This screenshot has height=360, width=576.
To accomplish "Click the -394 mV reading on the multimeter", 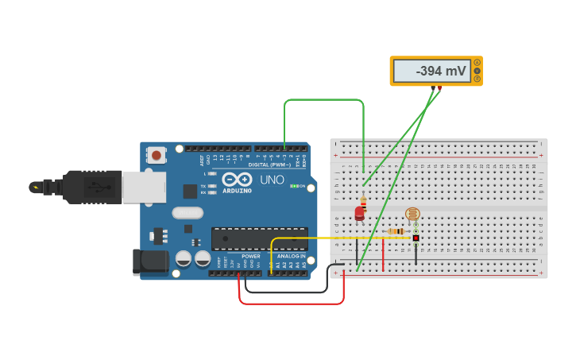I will coord(441,72).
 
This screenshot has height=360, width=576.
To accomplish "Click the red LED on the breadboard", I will coord(359,212).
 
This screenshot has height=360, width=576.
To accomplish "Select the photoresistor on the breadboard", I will coord(412,214).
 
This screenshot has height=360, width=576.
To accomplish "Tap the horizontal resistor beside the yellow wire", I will coord(396,231).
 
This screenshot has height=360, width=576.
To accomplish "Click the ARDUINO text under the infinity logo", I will coord(238,191).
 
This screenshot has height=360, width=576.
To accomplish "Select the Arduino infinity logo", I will coord(237,180).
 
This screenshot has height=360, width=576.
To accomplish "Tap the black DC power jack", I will coord(149,261).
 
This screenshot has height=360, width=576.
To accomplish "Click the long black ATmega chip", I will coord(259,238).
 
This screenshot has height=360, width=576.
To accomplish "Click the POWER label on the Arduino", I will coord(251,257).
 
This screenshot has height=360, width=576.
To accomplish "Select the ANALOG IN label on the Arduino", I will coord(292,257).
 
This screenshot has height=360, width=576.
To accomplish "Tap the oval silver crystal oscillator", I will coord(188,213).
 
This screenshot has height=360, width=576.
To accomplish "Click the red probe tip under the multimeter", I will coord(439,88).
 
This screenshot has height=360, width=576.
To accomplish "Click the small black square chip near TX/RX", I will coord(190,191).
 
